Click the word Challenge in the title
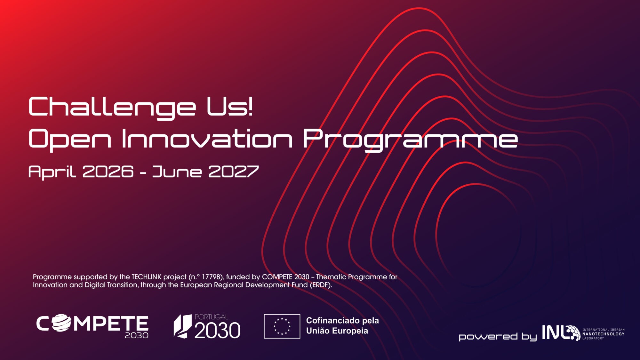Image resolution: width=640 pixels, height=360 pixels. [112, 107]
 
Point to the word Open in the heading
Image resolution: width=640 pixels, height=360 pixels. [70, 139]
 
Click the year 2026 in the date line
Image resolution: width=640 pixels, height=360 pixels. [108, 172]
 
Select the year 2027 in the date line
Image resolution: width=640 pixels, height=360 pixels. [233, 172]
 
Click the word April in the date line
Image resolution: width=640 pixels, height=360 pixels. [52, 172]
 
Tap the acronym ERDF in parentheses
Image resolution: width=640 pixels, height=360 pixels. [320, 285]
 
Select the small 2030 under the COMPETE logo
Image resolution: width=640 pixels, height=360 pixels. [137, 335]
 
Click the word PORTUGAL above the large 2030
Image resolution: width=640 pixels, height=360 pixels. [211, 317]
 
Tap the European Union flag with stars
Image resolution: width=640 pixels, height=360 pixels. [282, 326]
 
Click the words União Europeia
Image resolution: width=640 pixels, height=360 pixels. [337, 331]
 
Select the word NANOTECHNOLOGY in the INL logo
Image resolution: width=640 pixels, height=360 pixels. [603, 334]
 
